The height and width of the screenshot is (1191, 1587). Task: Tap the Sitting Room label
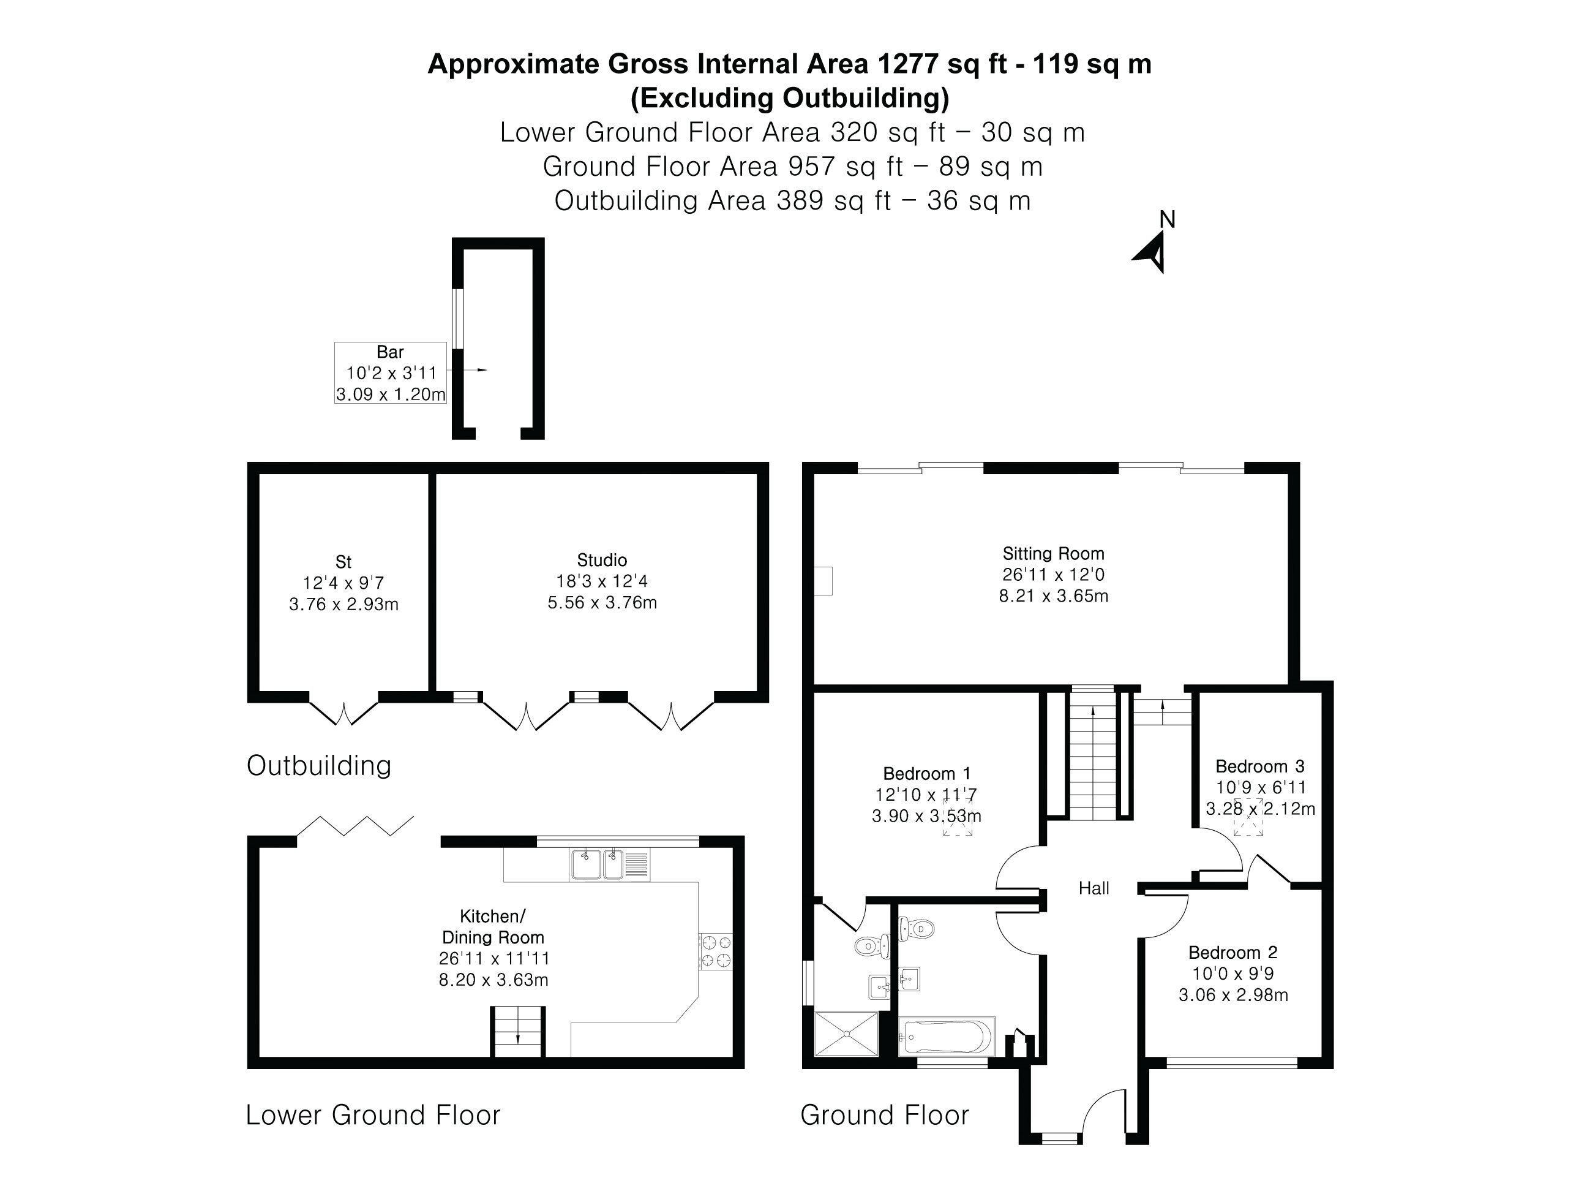click(x=1053, y=553)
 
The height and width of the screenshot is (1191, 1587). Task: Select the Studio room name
click(x=602, y=560)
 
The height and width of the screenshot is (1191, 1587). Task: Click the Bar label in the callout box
click(x=390, y=352)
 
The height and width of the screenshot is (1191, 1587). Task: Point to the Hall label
click(x=1094, y=888)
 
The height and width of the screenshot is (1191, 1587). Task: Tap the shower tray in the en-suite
click(x=847, y=1034)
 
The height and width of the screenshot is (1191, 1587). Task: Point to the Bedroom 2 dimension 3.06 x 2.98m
click(x=1233, y=995)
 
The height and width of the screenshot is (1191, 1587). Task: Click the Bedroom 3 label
click(x=1260, y=766)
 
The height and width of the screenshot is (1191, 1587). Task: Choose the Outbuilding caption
click(x=319, y=765)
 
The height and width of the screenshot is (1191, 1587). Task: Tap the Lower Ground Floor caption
click(x=373, y=1115)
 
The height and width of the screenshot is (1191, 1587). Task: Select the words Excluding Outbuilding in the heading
click(x=790, y=97)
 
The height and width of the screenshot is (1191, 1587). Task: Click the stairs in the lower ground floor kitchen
click(x=518, y=1032)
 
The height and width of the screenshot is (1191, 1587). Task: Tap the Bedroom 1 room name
click(x=927, y=773)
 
